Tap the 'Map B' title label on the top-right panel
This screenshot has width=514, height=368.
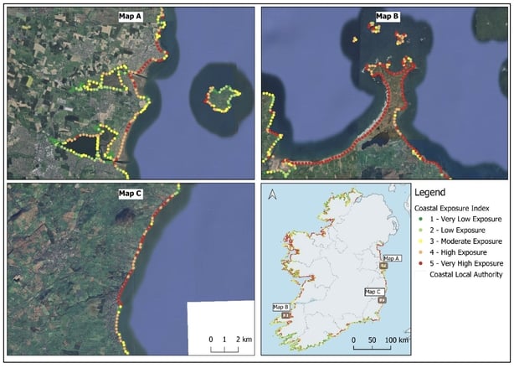coord(386,16)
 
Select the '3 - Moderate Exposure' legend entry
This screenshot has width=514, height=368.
coord(462,241)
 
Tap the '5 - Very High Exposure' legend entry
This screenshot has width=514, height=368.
coord(464,262)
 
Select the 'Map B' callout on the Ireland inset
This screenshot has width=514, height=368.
coord(281,308)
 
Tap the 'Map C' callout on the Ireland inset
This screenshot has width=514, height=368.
coord(374,292)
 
